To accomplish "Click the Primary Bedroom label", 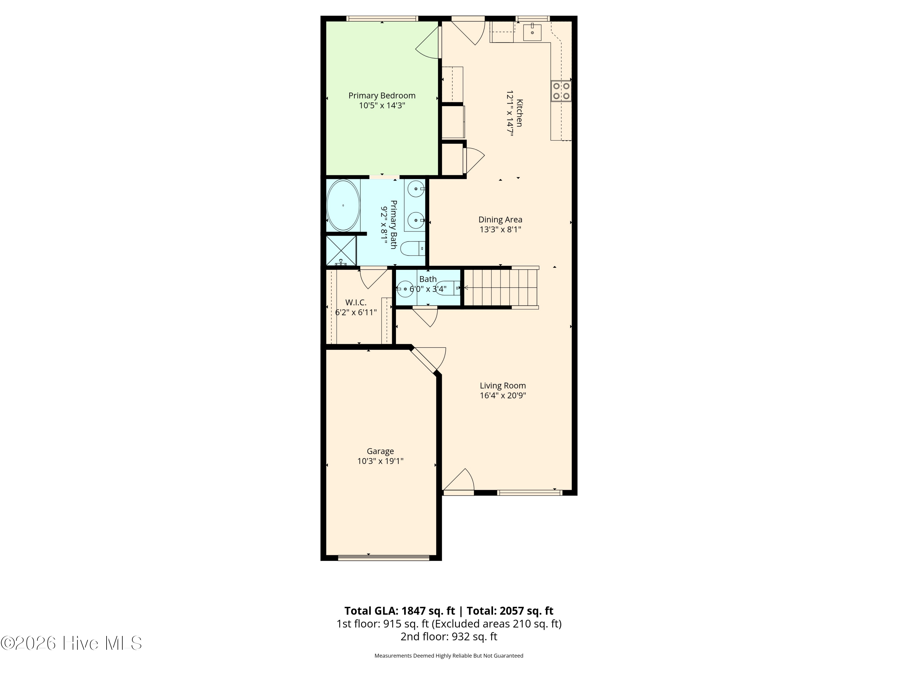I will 382,96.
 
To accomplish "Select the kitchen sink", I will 532,32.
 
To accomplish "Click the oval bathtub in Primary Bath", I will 343,205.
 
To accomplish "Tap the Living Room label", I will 503,386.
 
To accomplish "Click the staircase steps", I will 501,288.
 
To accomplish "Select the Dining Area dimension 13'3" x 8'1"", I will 500,229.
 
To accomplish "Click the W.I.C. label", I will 356,302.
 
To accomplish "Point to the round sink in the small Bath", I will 405,289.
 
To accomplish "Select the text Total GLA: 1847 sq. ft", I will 400,610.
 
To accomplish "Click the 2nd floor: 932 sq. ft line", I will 449,637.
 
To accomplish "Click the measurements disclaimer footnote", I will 449,655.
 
